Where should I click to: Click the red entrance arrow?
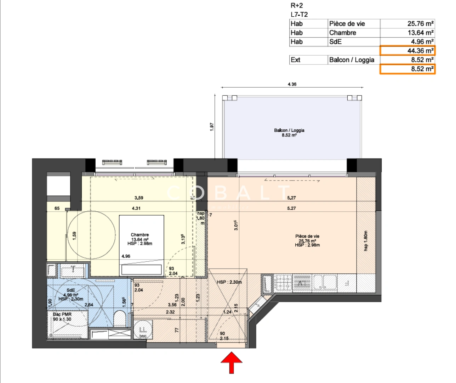click(232, 362)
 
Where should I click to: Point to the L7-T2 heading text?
click(299, 15)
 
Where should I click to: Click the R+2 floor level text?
click(297, 5)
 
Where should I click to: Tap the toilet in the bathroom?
click(120, 318)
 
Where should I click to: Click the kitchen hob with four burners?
click(284, 283)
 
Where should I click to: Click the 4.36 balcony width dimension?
click(292, 84)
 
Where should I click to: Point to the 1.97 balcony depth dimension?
click(212, 127)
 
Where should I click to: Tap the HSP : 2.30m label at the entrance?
click(229, 282)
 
